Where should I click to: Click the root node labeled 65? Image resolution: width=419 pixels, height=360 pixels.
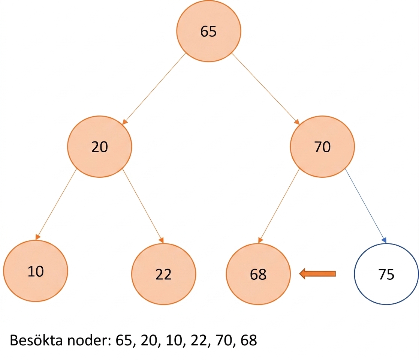[x=208, y=31]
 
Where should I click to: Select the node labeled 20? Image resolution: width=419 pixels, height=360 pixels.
[x=99, y=147]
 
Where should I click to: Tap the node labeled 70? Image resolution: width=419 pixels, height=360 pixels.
[x=322, y=147]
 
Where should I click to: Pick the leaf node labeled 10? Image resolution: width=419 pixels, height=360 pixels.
[x=36, y=271]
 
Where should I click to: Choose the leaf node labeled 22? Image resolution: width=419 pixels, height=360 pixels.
[x=163, y=274]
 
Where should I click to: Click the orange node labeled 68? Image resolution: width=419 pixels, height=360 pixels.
[x=258, y=274]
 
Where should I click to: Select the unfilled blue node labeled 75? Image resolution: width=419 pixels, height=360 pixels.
[x=386, y=274]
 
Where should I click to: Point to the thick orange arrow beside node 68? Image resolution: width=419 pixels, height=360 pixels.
[x=317, y=274]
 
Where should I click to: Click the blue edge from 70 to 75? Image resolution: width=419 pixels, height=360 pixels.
[x=365, y=205]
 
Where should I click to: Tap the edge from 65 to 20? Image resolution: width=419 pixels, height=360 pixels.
[x=154, y=89]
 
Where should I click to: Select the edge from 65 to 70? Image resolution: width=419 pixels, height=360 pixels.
[x=265, y=89]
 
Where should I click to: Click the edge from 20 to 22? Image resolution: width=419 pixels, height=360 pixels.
[x=143, y=205]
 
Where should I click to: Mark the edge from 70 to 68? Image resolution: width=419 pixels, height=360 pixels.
[x=279, y=205]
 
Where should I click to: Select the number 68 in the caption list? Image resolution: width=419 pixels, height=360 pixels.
[x=249, y=340]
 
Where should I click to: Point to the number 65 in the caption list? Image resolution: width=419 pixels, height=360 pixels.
[x=124, y=340]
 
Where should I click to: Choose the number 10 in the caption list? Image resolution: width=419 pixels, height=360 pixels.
[x=174, y=340]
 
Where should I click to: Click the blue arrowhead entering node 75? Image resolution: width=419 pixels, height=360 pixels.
[x=385, y=240]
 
